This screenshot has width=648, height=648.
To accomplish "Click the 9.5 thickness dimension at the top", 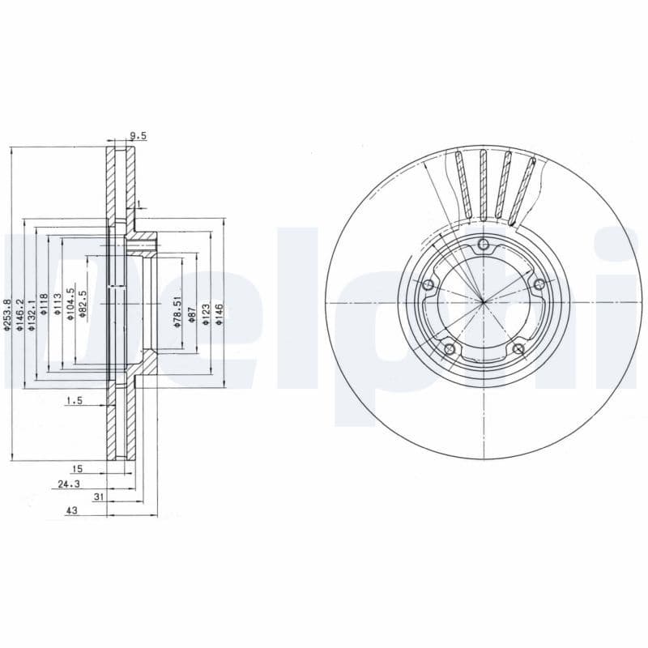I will [138, 136].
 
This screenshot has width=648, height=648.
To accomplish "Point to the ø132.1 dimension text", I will [32, 313].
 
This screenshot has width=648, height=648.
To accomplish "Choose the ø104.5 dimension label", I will [70, 304].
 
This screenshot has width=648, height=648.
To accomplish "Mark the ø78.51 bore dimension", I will [177, 310].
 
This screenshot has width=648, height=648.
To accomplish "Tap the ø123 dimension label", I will [206, 313].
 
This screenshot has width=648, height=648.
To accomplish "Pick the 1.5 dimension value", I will [75, 400].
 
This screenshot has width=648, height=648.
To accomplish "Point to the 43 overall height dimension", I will [71, 512].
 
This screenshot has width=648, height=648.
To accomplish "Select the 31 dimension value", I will [99, 497].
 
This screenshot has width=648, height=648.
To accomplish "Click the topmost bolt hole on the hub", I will [484, 245].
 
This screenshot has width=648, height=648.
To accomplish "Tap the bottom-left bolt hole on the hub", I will [450, 349].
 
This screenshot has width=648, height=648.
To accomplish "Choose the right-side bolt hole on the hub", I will [538, 282].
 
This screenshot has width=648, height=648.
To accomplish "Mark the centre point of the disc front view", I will [484, 302].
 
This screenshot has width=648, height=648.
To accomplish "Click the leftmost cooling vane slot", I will [463, 185].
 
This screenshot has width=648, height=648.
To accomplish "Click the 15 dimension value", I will [77, 469].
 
